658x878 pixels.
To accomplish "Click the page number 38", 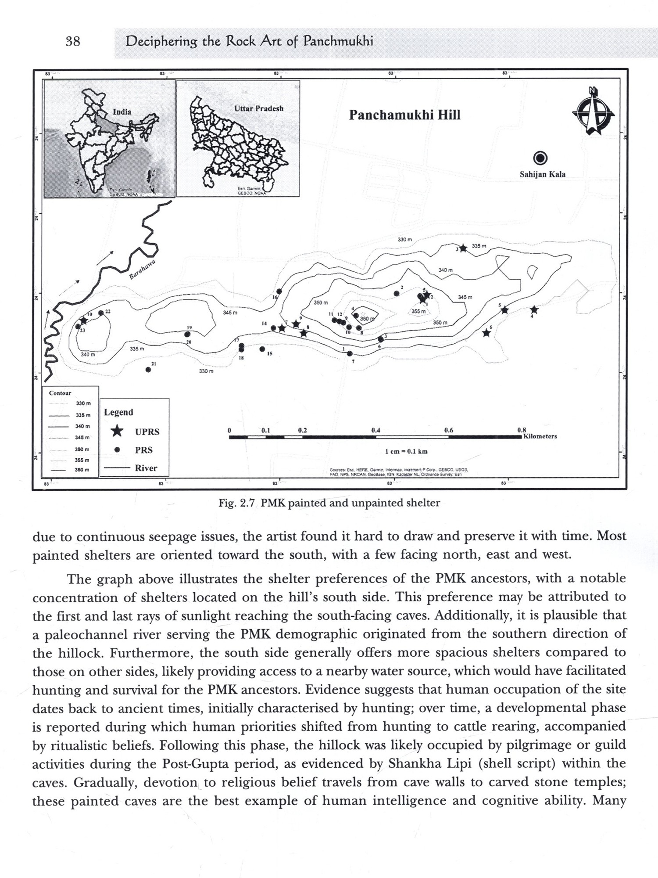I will click(73, 42).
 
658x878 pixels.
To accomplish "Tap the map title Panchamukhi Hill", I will click(404, 115).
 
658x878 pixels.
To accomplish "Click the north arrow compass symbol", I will click(593, 111).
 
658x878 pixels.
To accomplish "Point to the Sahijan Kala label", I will click(542, 174).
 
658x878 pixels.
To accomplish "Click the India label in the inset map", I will click(122, 112).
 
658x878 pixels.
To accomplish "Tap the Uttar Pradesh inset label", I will click(259, 108).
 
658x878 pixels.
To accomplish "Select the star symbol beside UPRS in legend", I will click(117, 432).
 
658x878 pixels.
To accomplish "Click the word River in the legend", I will click(146, 468).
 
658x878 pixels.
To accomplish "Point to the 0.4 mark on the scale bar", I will click(375, 430).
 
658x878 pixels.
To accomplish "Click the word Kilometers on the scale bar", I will click(540, 436).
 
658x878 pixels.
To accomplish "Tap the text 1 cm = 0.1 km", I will click(406, 451).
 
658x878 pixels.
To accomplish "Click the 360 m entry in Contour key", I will click(82, 470).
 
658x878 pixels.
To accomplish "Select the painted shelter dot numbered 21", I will click(148, 370).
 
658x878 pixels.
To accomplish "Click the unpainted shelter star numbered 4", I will click(534, 309).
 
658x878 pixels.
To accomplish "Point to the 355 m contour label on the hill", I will click(418, 311).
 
